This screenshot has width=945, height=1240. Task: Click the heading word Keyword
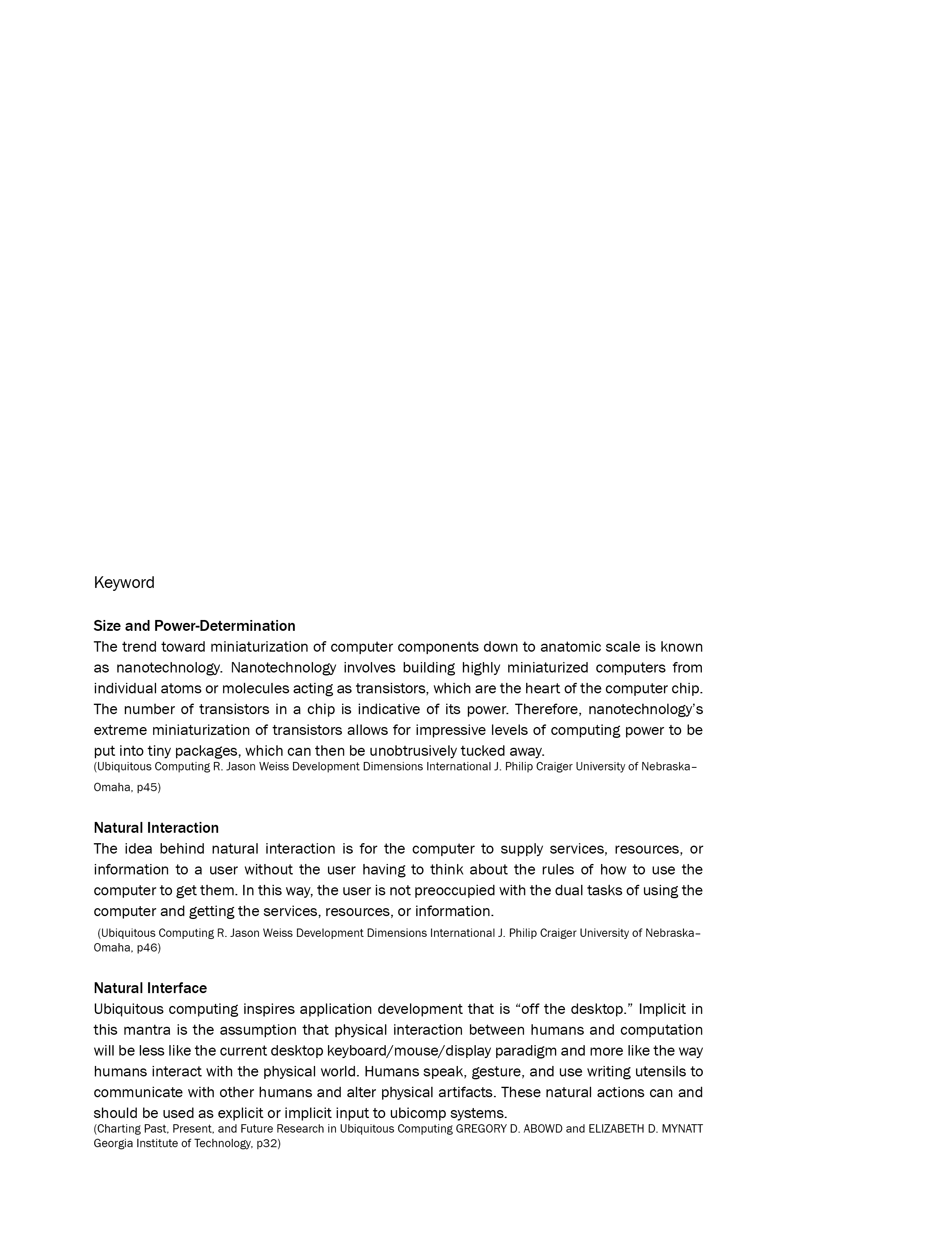[124, 583]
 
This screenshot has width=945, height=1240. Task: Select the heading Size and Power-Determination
[194, 626]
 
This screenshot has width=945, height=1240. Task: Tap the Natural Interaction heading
[156, 828]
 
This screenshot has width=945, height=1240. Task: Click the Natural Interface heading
[150, 988]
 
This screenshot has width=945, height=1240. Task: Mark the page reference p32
[268, 1143]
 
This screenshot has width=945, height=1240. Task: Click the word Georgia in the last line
[112, 1143]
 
